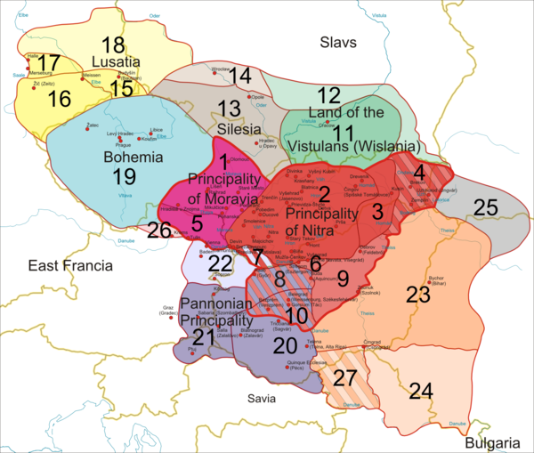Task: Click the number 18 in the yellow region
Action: [112, 46]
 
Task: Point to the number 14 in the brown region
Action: [239, 77]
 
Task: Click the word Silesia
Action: [232, 129]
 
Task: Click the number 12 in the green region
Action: [328, 94]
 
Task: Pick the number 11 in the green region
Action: [330, 131]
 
